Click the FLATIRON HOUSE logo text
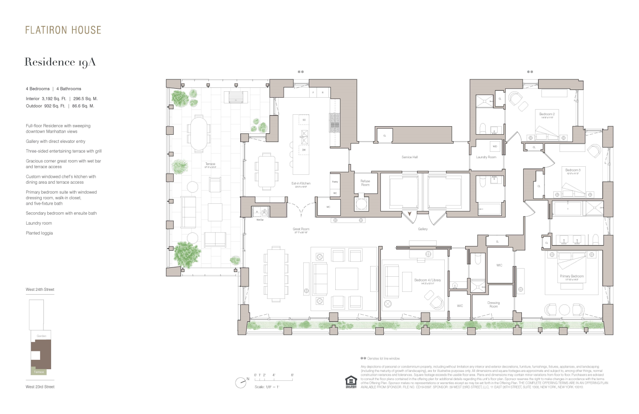[x=63, y=30]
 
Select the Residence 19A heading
[x=60, y=62]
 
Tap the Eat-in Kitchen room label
[x=301, y=183]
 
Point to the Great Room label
[x=301, y=229]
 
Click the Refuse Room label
[x=365, y=183]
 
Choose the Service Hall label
[x=409, y=157]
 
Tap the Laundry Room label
[x=486, y=157]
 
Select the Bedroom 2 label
[x=547, y=114]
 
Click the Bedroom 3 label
[x=573, y=170]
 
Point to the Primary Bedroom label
[x=572, y=276]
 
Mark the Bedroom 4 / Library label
[x=428, y=280]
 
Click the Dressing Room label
[x=494, y=304]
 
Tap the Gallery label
[x=423, y=229]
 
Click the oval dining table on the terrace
[x=199, y=133]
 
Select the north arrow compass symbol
[x=242, y=382]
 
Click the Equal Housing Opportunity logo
[x=351, y=381]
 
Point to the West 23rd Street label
[x=40, y=387]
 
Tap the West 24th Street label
[x=40, y=290]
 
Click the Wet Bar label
[x=260, y=220]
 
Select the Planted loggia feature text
[x=39, y=233]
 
